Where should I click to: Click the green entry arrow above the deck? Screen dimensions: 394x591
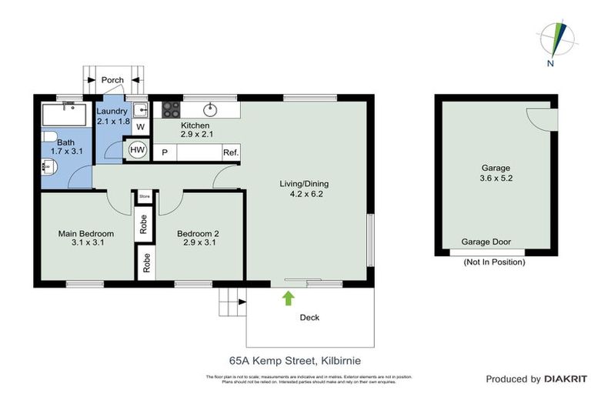(289, 298)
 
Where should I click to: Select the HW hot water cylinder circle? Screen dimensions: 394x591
(139, 149)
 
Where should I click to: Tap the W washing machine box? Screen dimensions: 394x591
(140, 126)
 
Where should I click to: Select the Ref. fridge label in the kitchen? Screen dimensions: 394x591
(231, 152)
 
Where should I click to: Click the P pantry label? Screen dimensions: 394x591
(165, 152)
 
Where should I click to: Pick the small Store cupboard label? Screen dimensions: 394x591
(144, 197)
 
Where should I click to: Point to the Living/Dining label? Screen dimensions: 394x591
(306, 189)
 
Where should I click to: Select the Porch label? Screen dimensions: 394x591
(112, 80)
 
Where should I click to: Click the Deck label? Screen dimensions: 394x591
(309, 317)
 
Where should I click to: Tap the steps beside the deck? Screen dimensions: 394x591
(229, 302)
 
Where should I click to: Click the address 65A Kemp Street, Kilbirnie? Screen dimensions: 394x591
(295, 359)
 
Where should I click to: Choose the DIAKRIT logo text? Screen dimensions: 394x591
(566, 379)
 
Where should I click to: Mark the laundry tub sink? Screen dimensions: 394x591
(140, 109)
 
